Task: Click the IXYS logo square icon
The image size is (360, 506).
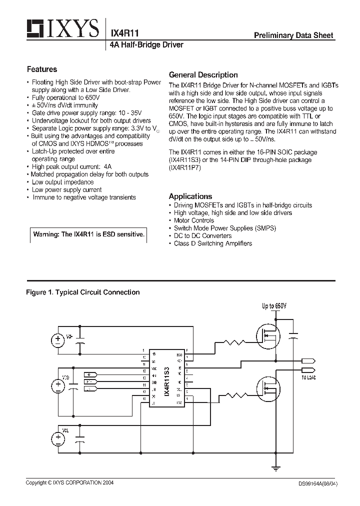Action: click(x=34, y=29)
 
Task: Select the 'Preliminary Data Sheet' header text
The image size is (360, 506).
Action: click(x=293, y=35)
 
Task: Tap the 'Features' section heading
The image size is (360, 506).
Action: click(x=42, y=69)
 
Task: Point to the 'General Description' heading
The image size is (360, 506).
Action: click(x=203, y=74)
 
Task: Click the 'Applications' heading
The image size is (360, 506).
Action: click(x=190, y=196)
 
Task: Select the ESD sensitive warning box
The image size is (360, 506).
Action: click(x=88, y=234)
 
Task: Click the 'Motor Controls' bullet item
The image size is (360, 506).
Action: click(x=193, y=220)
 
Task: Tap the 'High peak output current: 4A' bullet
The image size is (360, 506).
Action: click(x=71, y=166)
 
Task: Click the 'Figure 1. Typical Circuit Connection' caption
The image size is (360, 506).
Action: click(x=82, y=292)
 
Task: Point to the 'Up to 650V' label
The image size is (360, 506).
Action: click(x=274, y=306)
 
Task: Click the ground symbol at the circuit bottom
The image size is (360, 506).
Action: click(x=274, y=469)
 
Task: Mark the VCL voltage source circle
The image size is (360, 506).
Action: click(x=58, y=439)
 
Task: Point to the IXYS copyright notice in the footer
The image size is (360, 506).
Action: click(x=70, y=483)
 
